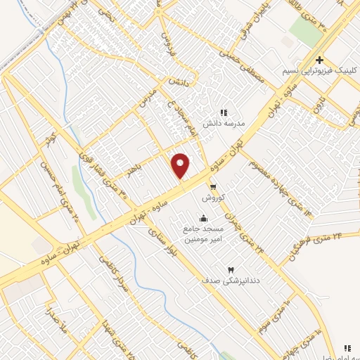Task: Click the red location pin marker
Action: [x=181, y=165]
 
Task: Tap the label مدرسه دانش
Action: [x=224, y=122]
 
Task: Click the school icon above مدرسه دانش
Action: [x=224, y=112]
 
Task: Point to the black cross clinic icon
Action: [x=320, y=61]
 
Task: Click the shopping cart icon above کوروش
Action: [x=213, y=186]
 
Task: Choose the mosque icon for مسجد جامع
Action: [x=204, y=217]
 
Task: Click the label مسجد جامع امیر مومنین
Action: [x=204, y=234]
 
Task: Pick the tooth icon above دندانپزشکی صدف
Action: [x=229, y=270]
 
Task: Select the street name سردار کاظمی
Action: [x=109, y=269]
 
